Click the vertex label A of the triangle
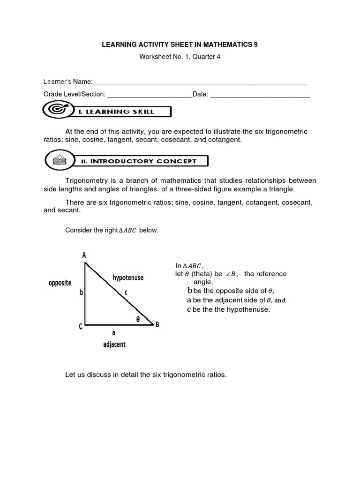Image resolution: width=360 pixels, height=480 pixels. (x=84, y=255)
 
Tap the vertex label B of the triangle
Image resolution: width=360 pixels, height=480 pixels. (x=157, y=324)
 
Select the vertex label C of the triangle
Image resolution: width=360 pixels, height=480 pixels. (x=81, y=327)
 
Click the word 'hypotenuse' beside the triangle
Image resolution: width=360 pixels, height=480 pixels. (x=128, y=278)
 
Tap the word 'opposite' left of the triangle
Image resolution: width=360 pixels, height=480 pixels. (x=60, y=283)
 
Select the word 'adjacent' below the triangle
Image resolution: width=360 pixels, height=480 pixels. (x=114, y=345)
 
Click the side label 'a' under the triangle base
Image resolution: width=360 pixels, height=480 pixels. (x=113, y=333)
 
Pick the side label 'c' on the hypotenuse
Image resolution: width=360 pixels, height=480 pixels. (x=126, y=292)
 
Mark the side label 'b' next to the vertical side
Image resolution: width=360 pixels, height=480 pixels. (x=81, y=292)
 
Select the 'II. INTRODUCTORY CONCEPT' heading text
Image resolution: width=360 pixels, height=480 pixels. (x=143, y=161)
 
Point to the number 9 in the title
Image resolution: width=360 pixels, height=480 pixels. (x=255, y=45)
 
